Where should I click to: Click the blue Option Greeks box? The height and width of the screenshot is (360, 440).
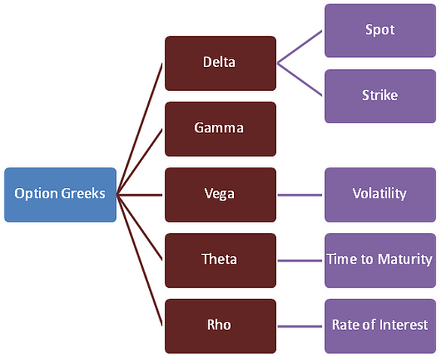[x=60, y=195]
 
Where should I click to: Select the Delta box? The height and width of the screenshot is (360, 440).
[x=220, y=63]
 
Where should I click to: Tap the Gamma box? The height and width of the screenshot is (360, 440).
[x=220, y=129]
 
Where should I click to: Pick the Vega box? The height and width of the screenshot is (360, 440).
[x=220, y=195]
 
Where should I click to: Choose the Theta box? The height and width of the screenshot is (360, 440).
[x=220, y=261]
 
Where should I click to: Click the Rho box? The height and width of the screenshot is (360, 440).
[x=220, y=326]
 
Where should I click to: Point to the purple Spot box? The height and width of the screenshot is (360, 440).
[x=381, y=31]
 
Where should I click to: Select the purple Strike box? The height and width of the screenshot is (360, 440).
[x=381, y=96]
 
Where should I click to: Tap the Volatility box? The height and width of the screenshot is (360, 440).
[x=381, y=195]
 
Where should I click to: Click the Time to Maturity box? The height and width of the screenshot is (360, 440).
[x=381, y=261]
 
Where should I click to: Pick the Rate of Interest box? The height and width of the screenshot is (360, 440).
[x=381, y=326]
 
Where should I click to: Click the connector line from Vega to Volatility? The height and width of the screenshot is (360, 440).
[x=299, y=195]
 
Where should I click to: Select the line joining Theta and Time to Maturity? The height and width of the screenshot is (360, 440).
[x=299, y=261]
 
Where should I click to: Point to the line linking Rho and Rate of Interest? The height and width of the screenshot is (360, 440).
[x=299, y=326]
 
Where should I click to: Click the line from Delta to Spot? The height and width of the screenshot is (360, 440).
[x=299, y=47]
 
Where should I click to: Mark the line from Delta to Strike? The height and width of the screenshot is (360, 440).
[x=299, y=80]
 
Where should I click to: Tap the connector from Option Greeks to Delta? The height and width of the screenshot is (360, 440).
[x=139, y=129]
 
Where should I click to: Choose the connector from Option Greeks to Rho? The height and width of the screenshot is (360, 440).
[x=139, y=261]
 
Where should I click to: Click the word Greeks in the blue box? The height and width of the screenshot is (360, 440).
[x=83, y=194]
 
